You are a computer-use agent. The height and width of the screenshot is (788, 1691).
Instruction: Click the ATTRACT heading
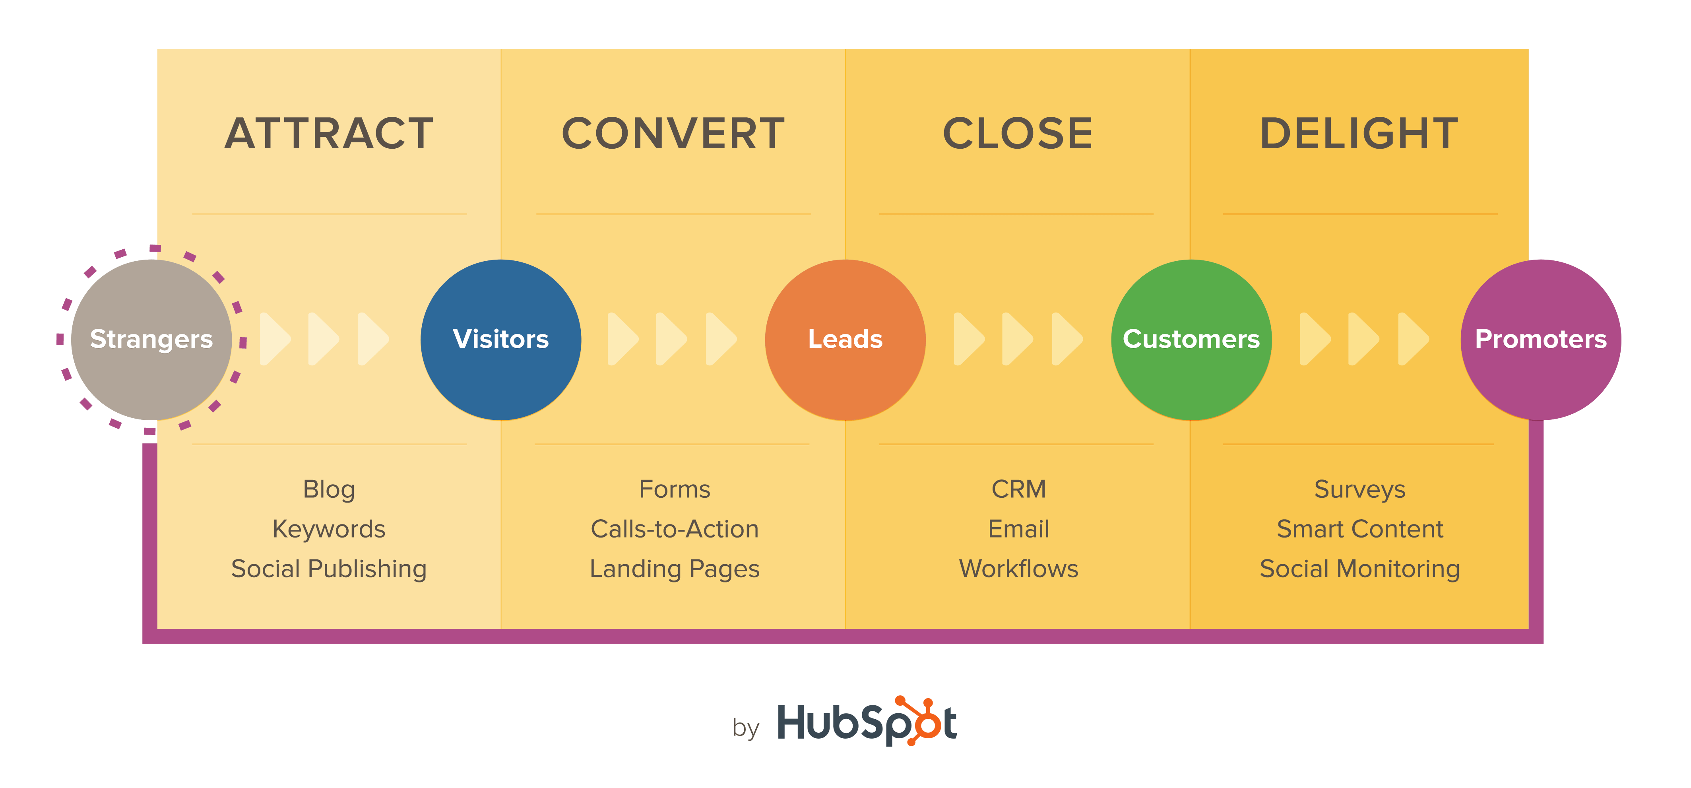point(329,133)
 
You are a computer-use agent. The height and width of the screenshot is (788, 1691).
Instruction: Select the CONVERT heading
point(673,133)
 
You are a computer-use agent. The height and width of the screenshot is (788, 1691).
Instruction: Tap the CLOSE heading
point(1018,133)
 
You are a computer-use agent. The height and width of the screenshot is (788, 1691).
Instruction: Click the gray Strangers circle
point(151,340)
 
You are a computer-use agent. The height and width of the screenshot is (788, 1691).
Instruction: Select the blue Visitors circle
point(501,340)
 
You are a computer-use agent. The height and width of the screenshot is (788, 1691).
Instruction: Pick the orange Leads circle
point(845,340)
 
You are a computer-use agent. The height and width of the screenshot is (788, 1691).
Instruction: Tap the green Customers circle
point(1191,340)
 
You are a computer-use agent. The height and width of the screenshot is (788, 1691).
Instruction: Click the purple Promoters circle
point(1541,340)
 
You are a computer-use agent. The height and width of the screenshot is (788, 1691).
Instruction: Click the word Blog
point(329,489)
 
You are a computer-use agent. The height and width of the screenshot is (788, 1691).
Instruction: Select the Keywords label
point(329,529)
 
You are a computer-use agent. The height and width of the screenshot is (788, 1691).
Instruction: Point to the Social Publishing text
point(329,569)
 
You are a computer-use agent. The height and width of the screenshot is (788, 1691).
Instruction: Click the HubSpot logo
point(867,722)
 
